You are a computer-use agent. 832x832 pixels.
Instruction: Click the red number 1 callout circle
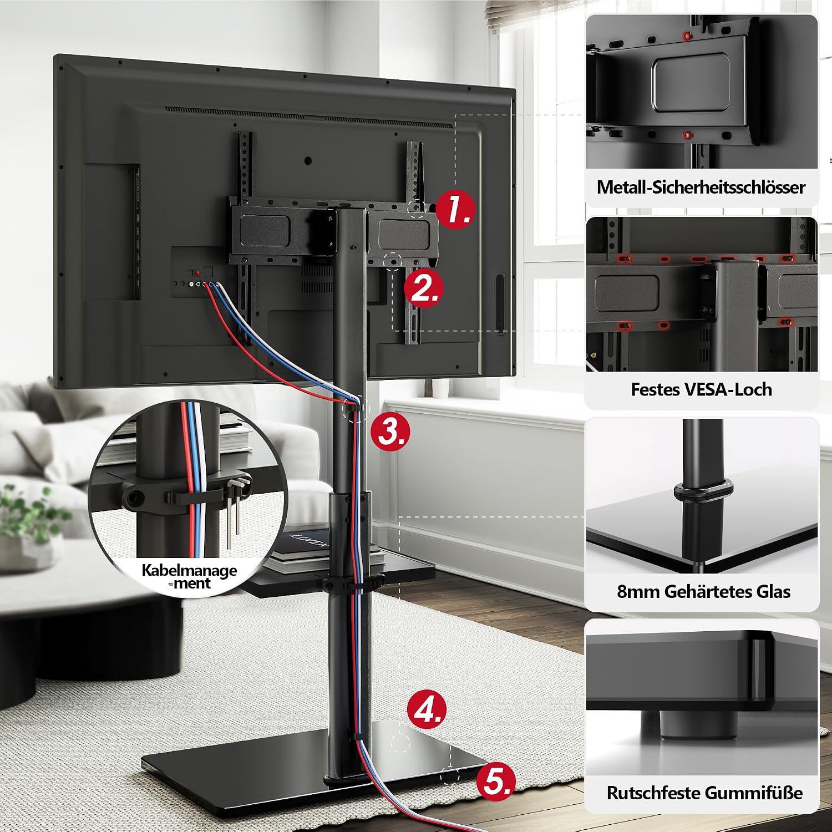coord(455,210)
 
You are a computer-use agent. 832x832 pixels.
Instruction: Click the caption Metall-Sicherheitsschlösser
coord(701,187)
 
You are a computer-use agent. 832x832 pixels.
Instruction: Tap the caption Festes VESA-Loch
coord(701,389)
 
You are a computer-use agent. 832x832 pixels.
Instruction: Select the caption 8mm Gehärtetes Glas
coord(703,591)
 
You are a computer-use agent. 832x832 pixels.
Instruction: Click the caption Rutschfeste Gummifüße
coord(704,793)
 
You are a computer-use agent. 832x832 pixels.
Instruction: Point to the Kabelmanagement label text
coord(189,577)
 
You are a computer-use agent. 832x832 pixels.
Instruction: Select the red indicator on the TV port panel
coord(197,273)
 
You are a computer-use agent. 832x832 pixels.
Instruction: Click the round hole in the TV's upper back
coord(308,161)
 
